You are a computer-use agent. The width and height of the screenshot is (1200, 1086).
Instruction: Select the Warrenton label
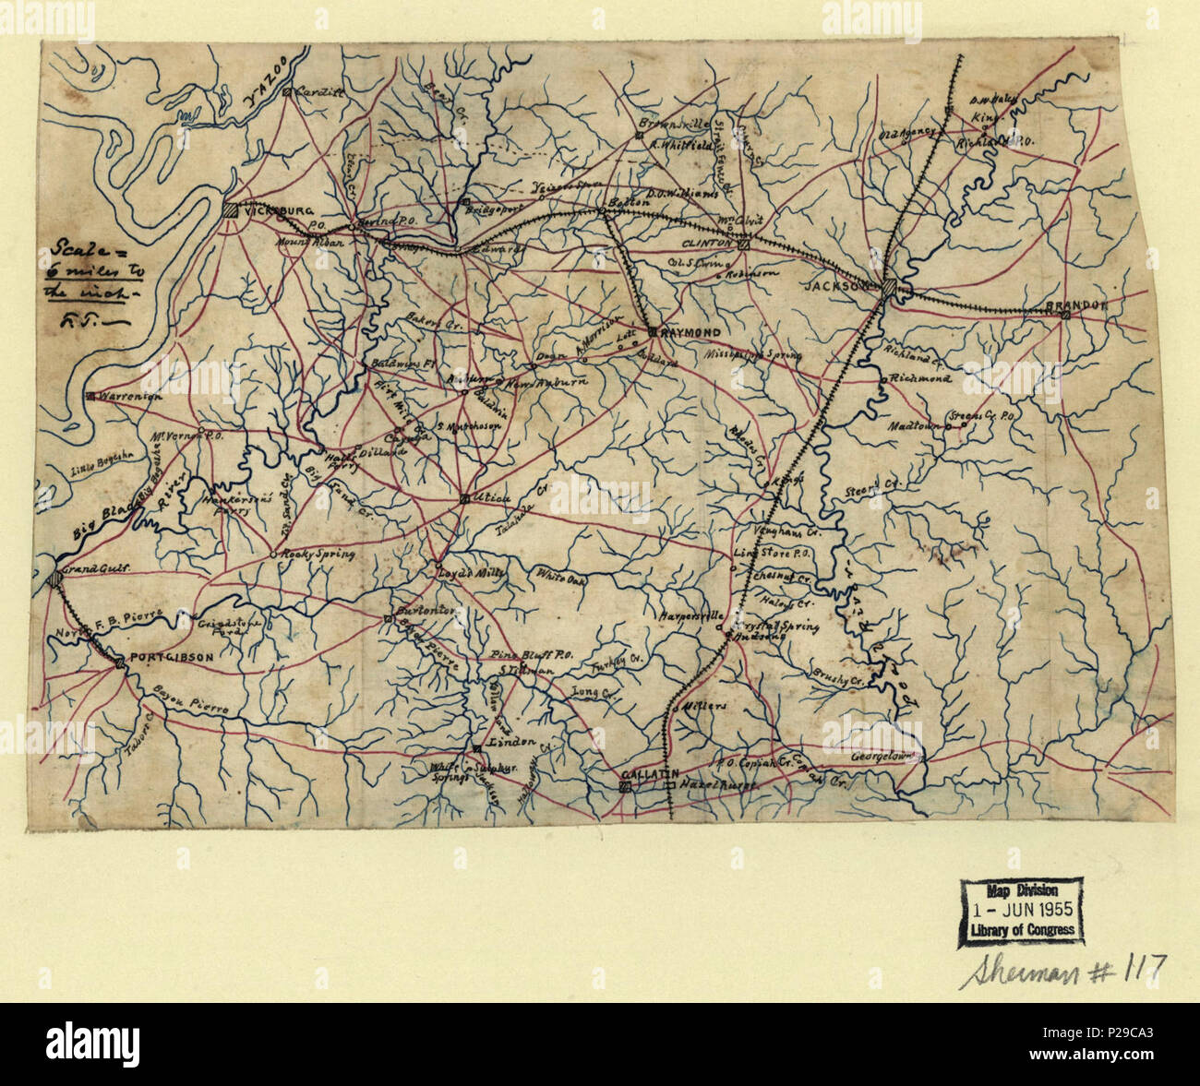(130, 395)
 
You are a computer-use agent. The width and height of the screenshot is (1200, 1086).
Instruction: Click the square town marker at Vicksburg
(230, 209)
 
